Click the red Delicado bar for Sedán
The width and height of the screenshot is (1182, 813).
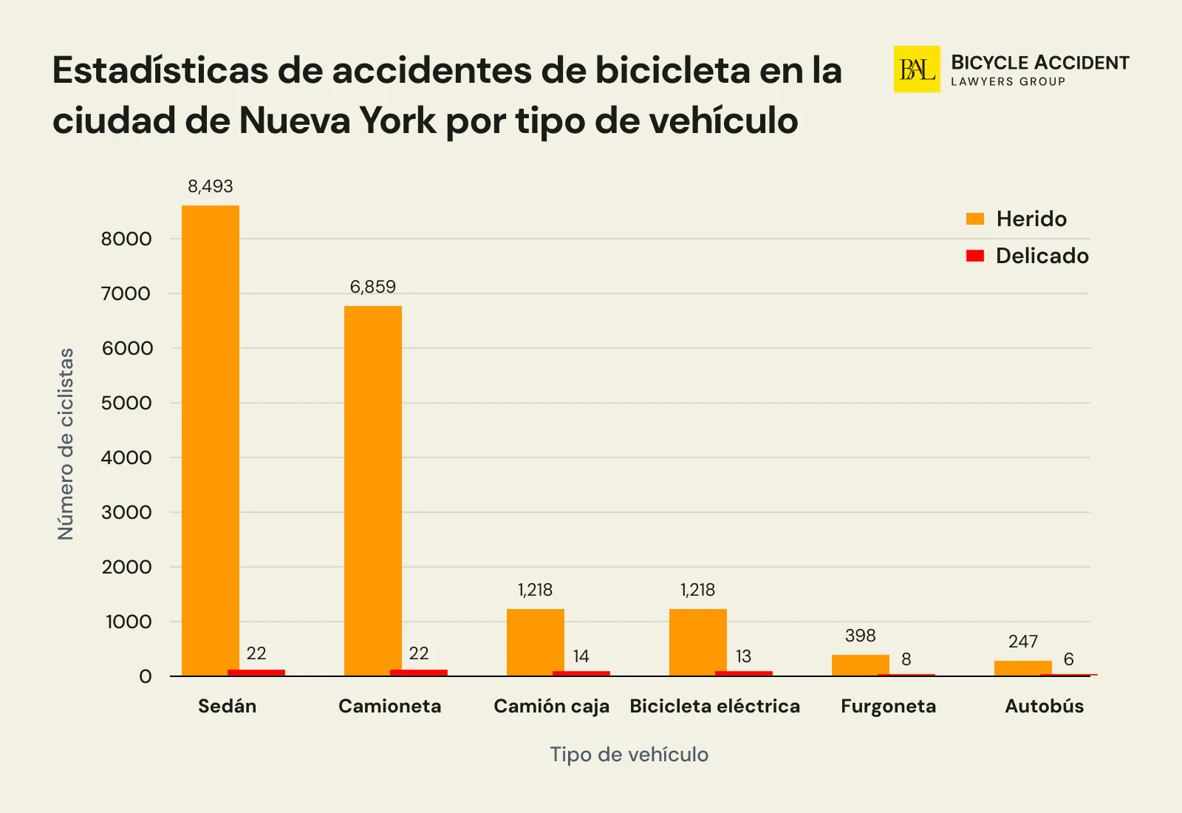(x=256, y=673)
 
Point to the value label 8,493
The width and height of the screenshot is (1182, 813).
(x=211, y=186)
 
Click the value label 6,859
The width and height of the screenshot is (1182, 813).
(x=373, y=287)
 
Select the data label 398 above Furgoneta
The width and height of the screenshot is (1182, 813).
(x=861, y=636)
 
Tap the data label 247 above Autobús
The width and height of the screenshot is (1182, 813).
(x=1023, y=642)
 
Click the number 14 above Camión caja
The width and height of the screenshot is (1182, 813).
(x=581, y=656)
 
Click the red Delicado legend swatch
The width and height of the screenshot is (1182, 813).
(x=975, y=256)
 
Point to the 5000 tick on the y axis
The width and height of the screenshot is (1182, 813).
(x=126, y=403)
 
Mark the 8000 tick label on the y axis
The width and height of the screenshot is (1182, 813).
(x=126, y=239)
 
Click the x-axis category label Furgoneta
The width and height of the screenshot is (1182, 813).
(x=888, y=707)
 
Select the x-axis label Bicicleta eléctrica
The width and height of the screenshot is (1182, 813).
(x=714, y=707)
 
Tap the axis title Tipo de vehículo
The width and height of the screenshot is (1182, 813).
(x=629, y=755)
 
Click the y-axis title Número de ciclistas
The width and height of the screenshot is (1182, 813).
(x=66, y=443)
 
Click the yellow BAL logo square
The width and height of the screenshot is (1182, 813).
(x=917, y=69)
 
